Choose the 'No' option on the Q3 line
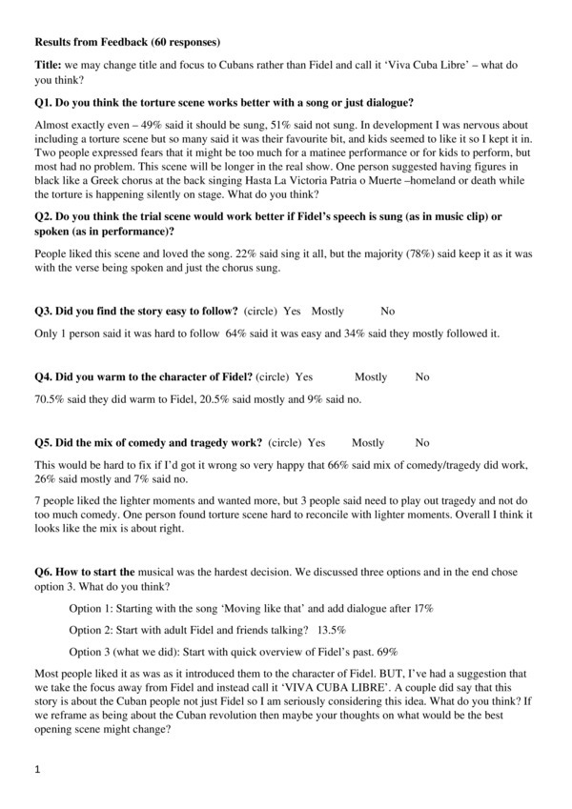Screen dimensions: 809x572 pos(387,312)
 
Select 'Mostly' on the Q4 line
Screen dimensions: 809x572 pos(371,376)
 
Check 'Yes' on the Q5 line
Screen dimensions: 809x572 pos(317,442)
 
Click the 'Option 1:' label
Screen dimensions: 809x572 pos(95,608)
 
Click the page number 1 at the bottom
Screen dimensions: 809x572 pos(37,769)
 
